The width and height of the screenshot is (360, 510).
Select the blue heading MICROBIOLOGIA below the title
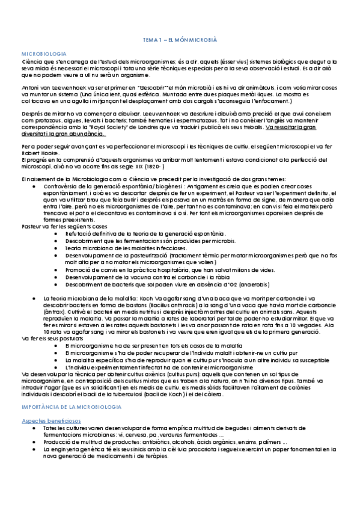[43, 54]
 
